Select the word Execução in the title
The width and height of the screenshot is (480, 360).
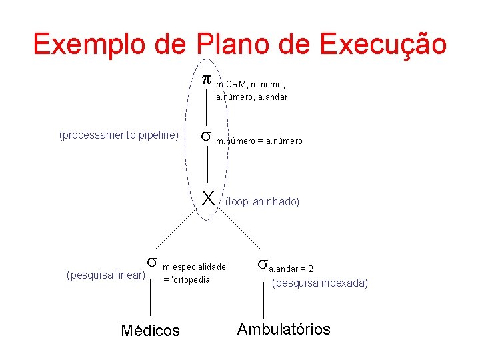pyautogui.click(x=383, y=44)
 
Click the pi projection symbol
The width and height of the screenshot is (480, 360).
pyautogui.click(x=207, y=80)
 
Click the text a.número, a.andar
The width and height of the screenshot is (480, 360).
pyautogui.click(x=251, y=97)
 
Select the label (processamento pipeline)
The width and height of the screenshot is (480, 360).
pyautogui.click(x=119, y=135)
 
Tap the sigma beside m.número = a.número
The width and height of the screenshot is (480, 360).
pyautogui.click(x=207, y=137)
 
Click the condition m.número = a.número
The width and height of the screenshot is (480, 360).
pyautogui.click(x=259, y=141)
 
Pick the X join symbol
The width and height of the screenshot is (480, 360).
pyautogui.click(x=208, y=198)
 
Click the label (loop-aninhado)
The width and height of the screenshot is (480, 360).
pyautogui.click(x=262, y=201)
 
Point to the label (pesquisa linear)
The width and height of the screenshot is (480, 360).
pyautogui.click(x=107, y=275)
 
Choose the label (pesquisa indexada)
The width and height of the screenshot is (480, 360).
pyautogui.click(x=319, y=283)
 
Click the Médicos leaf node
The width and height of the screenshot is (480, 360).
pyautogui.click(x=150, y=330)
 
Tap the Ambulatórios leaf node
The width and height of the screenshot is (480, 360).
pyautogui.click(x=283, y=329)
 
